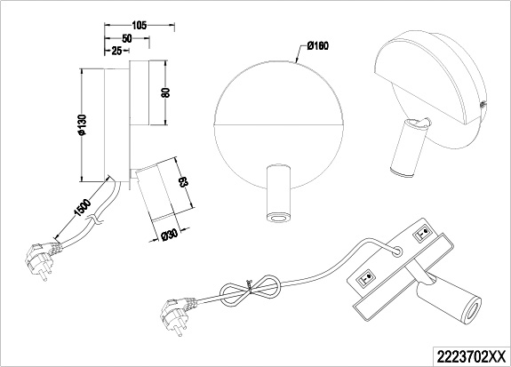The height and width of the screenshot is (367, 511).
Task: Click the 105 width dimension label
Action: [x=140, y=25]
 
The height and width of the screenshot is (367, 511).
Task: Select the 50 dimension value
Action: [x=127, y=38]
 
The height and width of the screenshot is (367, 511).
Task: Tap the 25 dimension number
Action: [x=116, y=51]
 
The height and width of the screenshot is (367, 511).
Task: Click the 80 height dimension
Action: [x=166, y=92]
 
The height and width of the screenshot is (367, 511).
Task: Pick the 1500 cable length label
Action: [x=83, y=208]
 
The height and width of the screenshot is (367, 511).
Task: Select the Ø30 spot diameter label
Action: [x=169, y=235]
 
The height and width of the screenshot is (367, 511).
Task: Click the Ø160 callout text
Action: [x=318, y=46]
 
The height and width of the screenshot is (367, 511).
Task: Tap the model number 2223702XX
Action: [x=471, y=355]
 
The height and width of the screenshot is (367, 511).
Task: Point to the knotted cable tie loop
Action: [x=250, y=290]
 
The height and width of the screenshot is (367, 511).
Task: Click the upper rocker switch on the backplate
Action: [x=422, y=234]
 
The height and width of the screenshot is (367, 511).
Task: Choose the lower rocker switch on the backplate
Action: [x=366, y=279]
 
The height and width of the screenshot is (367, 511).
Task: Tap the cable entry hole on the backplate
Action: [x=396, y=250]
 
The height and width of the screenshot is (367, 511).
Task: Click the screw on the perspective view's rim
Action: [x=482, y=104]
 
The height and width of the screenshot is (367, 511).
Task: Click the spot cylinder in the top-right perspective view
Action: [x=407, y=148]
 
